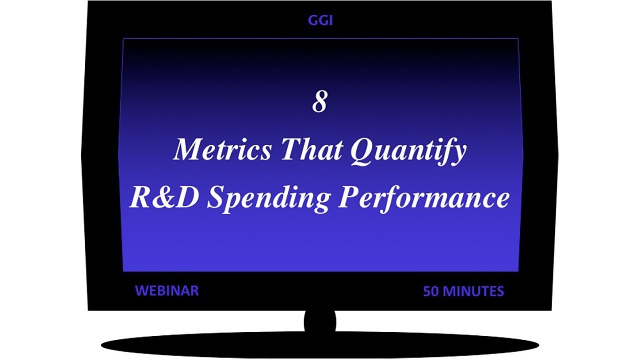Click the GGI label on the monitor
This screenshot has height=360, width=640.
click(x=320, y=20)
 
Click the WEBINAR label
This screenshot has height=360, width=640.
click(x=166, y=290)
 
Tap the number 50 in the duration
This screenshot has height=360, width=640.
click(x=431, y=291)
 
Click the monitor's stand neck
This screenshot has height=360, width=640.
click(x=320, y=321)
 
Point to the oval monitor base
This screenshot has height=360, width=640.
click(x=320, y=345)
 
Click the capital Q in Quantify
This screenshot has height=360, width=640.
click(x=362, y=149)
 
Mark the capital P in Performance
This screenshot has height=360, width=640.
click(x=350, y=197)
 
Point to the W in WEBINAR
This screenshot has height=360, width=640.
click(x=140, y=290)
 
